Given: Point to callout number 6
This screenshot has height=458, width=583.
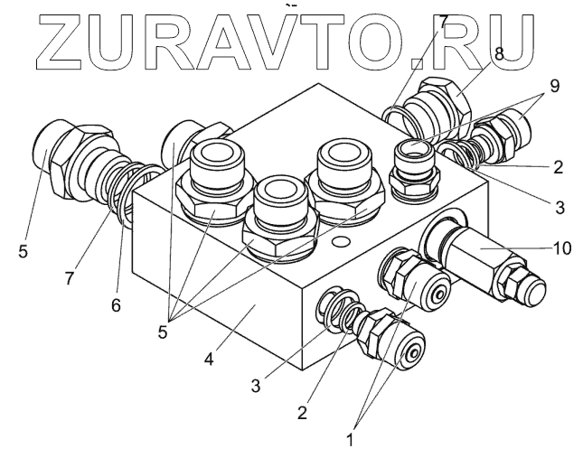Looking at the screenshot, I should click(x=116, y=306).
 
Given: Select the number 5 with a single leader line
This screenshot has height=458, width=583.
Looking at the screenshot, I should click(x=22, y=250).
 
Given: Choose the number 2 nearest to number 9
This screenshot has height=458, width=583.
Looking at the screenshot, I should click(x=558, y=167).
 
